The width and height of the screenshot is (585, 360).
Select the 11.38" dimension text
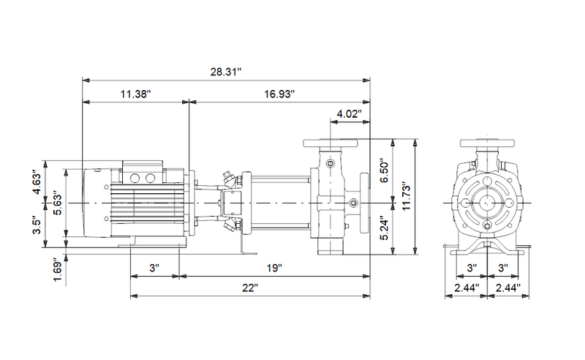pos(135,94)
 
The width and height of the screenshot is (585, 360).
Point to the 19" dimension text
pos(274,269)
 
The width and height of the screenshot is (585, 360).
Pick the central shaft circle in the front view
pos(486,202)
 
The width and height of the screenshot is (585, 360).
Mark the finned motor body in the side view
pos(146,204)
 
